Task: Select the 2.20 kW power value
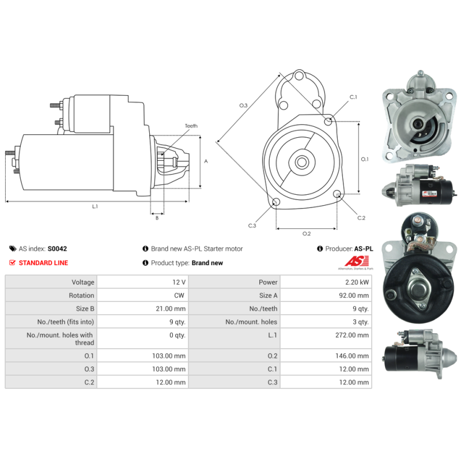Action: [x=358, y=282]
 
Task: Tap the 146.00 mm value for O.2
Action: [x=354, y=356]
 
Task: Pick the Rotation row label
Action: [x=81, y=296]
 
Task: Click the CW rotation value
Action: [x=180, y=296]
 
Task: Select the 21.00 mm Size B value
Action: [x=171, y=309]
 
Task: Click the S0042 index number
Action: [x=57, y=249]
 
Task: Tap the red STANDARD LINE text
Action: [x=43, y=263]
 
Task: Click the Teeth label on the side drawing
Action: [x=191, y=126]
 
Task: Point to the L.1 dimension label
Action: [x=95, y=206]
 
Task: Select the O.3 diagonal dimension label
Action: [x=243, y=105]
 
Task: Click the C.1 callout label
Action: [x=353, y=97]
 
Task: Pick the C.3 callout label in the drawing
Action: [x=252, y=226]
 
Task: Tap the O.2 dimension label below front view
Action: [x=307, y=233]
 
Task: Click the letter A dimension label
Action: [x=206, y=161]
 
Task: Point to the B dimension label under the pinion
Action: [x=157, y=218]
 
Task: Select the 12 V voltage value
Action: [x=179, y=282]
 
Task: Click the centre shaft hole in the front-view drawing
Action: [x=301, y=162]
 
